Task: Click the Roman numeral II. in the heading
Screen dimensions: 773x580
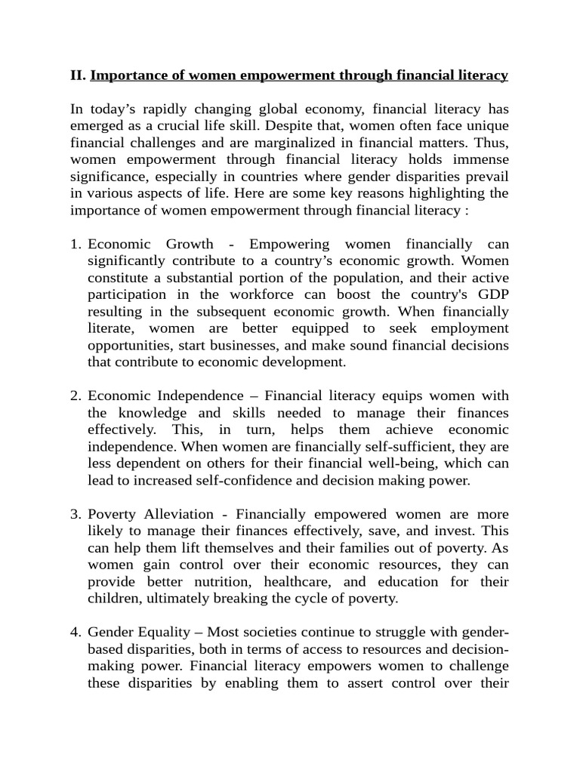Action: [79, 75]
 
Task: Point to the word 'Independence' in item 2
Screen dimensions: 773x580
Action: [199, 396]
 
